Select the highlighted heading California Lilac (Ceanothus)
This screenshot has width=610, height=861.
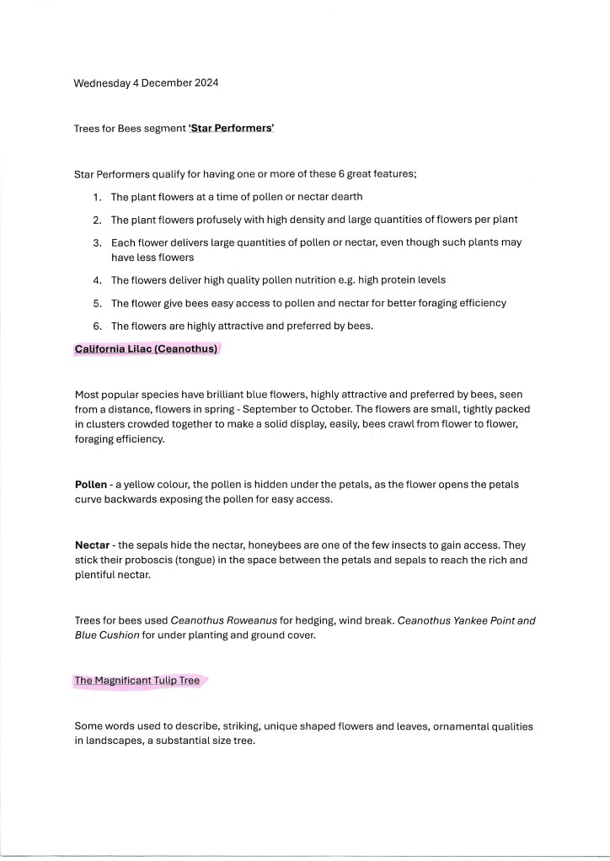[x=146, y=348]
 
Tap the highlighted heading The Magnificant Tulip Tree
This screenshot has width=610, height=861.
[x=137, y=681]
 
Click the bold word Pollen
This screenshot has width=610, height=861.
[x=90, y=485]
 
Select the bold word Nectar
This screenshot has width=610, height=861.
[x=92, y=545]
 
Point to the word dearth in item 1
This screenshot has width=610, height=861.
[x=345, y=197]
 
